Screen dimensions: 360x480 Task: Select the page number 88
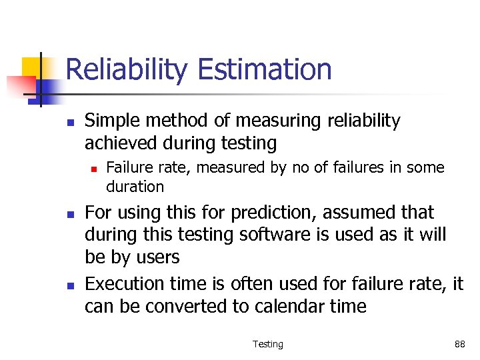click(459, 344)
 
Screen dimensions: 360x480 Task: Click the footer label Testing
click(267, 344)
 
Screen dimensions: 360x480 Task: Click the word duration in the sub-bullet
click(135, 187)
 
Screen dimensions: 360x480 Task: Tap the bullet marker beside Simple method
click(69, 122)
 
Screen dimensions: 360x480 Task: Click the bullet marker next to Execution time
click(69, 285)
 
